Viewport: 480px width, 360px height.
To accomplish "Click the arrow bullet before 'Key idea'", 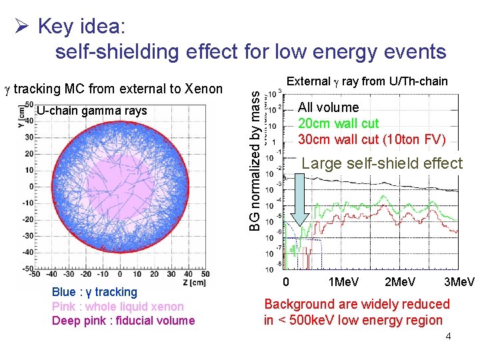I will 21,27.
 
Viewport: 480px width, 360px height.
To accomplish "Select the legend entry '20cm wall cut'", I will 338,123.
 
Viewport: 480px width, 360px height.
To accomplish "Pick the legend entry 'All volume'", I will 328,107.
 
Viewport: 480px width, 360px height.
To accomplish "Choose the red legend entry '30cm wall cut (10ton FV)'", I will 371,139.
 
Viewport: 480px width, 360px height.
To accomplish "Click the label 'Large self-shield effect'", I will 382,163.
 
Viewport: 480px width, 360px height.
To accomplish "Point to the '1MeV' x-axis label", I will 345,282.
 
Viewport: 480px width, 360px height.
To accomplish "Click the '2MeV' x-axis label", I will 401,282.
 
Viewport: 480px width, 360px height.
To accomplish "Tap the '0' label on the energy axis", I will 286,282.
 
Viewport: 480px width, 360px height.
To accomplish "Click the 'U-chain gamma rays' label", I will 92,111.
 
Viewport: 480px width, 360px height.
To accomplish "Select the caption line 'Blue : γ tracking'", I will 94,292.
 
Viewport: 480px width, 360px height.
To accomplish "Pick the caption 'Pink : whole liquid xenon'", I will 117,307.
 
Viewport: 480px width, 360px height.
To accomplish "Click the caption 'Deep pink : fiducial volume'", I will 123,321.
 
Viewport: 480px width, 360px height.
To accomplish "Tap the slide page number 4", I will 448,336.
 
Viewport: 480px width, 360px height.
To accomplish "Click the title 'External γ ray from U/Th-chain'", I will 367,81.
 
